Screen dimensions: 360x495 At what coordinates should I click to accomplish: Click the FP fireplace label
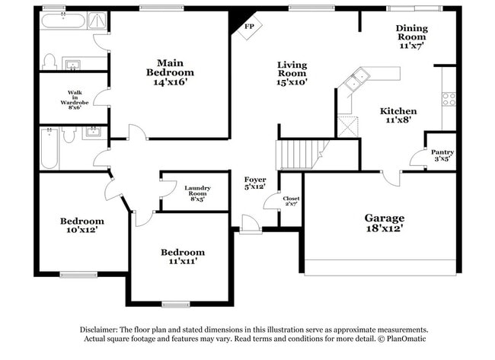[248, 27]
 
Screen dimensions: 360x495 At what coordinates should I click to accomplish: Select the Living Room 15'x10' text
[292, 73]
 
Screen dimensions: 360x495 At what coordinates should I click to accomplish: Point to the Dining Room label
[411, 37]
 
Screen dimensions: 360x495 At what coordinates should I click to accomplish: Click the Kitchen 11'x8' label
[398, 116]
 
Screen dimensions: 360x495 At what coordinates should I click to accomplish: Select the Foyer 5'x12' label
[254, 183]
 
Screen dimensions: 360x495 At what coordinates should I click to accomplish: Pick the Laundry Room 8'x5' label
[197, 193]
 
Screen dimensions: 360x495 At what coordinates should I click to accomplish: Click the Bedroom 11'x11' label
[182, 257]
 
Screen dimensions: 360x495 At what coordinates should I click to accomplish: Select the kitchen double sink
[356, 79]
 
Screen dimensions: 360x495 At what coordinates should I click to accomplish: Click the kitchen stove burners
[449, 99]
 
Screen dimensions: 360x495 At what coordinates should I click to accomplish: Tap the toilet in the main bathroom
[51, 61]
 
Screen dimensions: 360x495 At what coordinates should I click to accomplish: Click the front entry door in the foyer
[249, 225]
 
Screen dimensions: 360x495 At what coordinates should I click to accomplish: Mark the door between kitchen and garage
[391, 178]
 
